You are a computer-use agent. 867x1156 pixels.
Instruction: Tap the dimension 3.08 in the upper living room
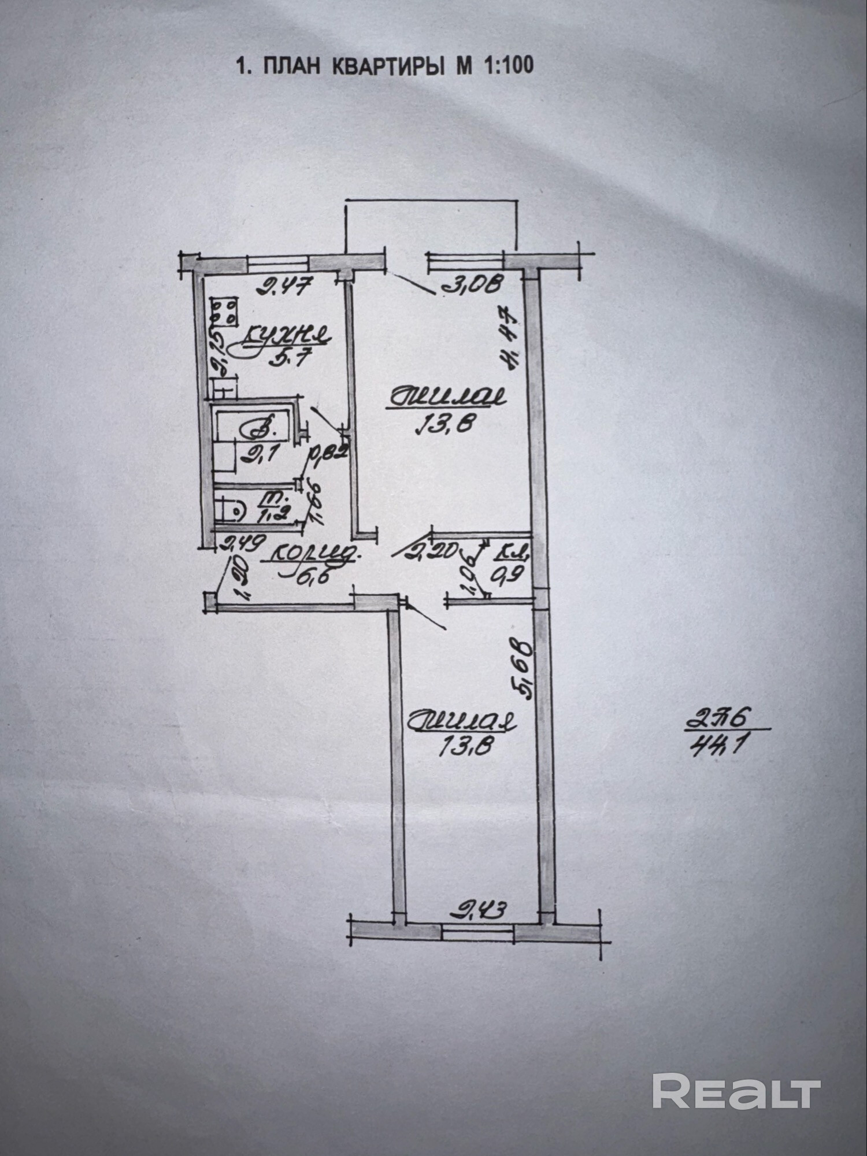[473, 285]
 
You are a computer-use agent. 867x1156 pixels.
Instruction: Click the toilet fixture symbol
[229, 510]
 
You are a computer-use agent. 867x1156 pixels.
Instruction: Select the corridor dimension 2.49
[243, 544]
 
